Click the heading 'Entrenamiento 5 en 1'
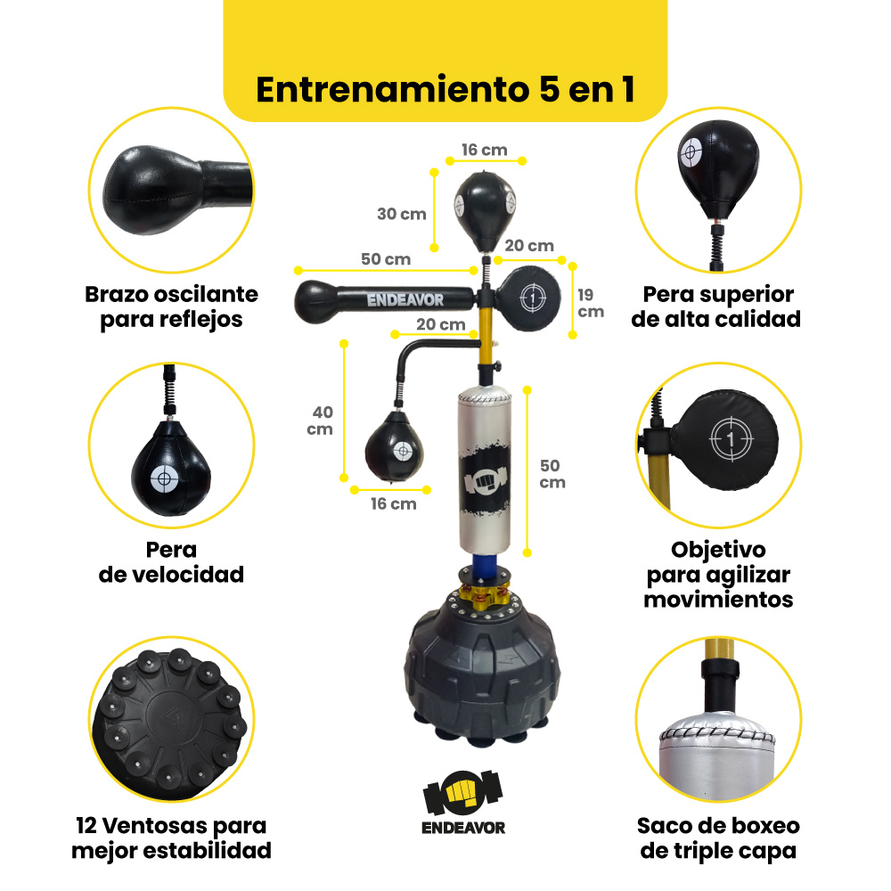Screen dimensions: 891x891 tap(445, 90)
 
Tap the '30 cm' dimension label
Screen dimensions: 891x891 tap(402, 214)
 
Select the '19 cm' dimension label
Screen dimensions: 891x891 tap(591, 304)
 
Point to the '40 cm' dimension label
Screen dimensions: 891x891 tap(320, 421)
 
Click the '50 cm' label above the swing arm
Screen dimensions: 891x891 tap(386, 259)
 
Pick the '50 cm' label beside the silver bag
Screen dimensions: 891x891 tap(552, 474)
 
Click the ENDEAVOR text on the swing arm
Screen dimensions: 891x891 tap(405, 299)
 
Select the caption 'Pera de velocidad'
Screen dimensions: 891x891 tap(171, 562)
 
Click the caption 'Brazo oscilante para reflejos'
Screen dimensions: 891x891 tap(171, 307)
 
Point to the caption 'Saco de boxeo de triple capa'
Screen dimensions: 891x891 tap(718, 838)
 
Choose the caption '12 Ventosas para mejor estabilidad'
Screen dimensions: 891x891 tap(171, 838)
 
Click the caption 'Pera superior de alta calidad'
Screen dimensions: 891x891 tap(716, 307)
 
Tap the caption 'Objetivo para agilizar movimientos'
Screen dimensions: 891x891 tap(718, 575)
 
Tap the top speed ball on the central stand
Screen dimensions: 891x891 tap(485, 211)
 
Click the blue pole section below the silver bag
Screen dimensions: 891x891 tap(484, 566)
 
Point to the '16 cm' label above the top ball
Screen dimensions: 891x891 tap(484, 150)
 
